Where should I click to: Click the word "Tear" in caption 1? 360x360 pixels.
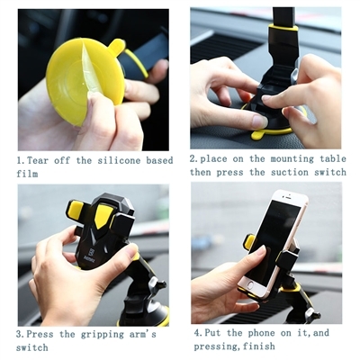(40, 159)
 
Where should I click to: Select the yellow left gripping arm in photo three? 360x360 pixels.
(75, 214)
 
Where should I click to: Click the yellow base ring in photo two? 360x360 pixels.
(261, 133)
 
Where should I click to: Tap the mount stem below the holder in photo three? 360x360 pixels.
(139, 297)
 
